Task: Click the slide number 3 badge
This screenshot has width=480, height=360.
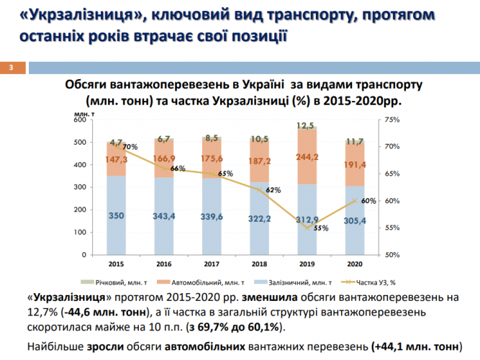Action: click(x=12, y=68)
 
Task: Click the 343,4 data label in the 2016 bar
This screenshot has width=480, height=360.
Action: click(x=163, y=215)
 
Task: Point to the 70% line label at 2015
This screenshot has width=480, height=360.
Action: click(x=130, y=147)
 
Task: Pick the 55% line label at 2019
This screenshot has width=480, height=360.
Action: click(x=321, y=228)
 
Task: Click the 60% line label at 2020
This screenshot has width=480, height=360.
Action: click(x=369, y=201)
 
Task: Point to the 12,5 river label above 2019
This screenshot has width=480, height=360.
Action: click(x=306, y=126)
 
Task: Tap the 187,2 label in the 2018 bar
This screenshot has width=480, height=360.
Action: click(x=258, y=161)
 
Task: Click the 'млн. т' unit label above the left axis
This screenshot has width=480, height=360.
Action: click(x=84, y=113)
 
